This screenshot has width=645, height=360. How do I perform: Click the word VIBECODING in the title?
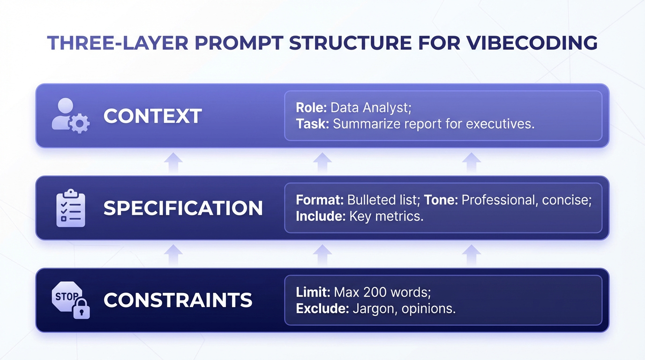click(x=532, y=43)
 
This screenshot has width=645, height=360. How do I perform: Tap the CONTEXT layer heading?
click(x=152, y=116)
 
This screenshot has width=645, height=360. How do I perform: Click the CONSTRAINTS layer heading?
click(x=178, y=300)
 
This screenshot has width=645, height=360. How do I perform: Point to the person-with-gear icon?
click(x=70, y=115)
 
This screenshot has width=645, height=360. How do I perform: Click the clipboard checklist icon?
click(x=70, y=208)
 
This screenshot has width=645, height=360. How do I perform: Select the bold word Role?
click(x=311, y=108)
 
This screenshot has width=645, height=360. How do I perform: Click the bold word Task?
click(x=313, y=124)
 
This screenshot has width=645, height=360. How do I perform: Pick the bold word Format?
click(x=320, y=200)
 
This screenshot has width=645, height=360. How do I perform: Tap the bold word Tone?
click(x=441, y=200)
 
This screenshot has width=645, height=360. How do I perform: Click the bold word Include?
click(x=321, y=217)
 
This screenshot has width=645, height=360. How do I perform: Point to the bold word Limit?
click(x=313, y=292)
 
